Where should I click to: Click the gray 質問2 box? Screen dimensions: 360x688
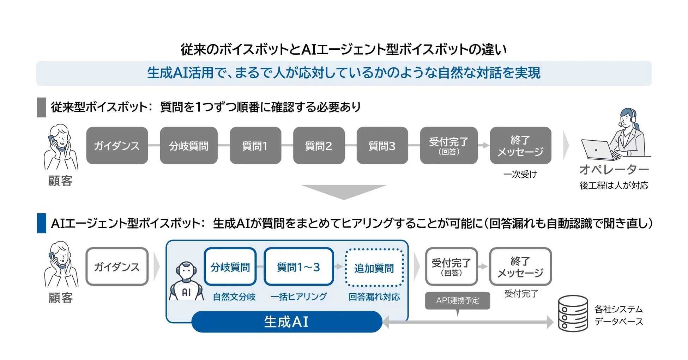tap(319, 145)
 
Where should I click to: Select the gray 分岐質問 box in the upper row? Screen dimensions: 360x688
tap(188, 145)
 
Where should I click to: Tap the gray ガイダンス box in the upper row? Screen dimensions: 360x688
tap(117, 145)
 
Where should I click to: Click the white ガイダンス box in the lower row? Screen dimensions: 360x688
tap(117, 267)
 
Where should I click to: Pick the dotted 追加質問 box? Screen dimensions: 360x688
tap(374, 268)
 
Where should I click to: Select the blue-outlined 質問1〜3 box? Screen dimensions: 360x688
tap(298, 267)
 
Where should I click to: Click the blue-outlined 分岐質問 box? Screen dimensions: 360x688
tap(230, 267)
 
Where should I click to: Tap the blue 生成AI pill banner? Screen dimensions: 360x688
tap(286, 322)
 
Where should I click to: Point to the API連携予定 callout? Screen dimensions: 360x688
tap(457, 300)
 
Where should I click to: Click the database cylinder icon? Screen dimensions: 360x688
tap(573, 313)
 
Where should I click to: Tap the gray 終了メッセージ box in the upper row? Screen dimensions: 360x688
tap(520, 145)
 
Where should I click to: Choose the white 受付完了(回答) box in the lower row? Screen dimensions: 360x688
tap(451, 267)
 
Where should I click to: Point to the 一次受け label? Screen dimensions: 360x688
tap(520, 174)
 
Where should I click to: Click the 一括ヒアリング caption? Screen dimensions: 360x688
tap(298, 297)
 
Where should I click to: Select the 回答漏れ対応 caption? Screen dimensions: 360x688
tap(374, 297)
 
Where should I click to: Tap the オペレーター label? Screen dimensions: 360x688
tap(614, 169)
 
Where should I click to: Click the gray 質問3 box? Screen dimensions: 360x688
tap(382, 145)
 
